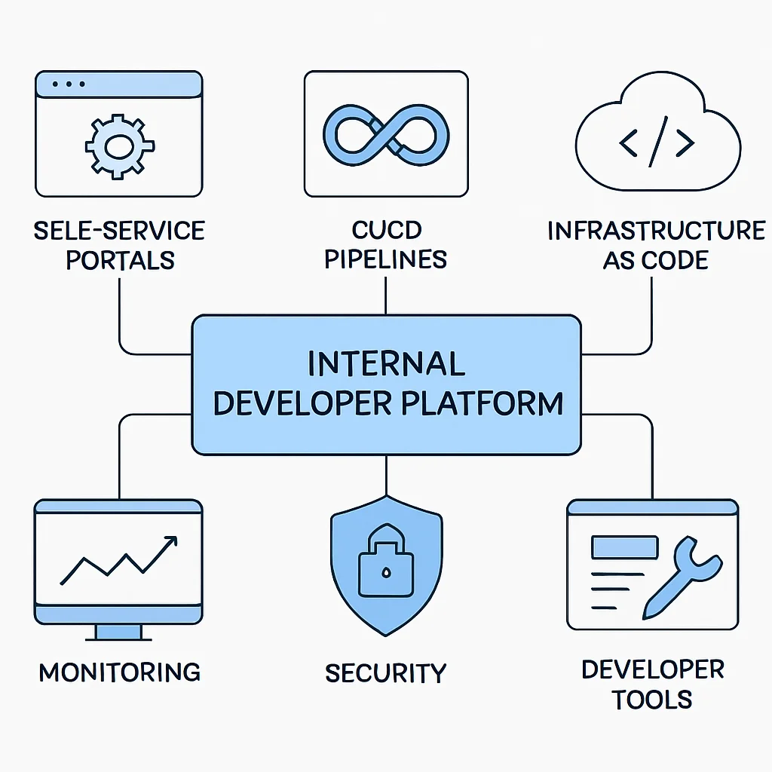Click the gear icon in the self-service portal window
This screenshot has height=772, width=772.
pos(120,146)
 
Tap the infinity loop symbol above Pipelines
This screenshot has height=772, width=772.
pos(386,134)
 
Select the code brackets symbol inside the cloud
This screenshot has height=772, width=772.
pos(657,142)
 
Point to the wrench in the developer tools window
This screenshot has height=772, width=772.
pos(682,577)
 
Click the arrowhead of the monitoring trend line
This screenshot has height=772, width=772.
pos(170,541)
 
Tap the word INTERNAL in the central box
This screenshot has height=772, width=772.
pos(386,363)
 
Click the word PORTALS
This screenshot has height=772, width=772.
pos(120,260)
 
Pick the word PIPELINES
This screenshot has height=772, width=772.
pos(385,259)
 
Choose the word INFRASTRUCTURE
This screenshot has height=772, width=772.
pos(657,231)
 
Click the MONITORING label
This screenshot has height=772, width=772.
pos(120,672)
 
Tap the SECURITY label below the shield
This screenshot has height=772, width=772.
pos(385,673)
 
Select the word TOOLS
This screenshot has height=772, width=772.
pos(652,700)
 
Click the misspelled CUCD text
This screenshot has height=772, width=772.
pos(387,230)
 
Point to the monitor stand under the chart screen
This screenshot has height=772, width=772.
pos(118,633)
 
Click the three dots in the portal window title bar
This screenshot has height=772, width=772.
pos(69,84)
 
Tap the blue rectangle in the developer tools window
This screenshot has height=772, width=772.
pos(625,547)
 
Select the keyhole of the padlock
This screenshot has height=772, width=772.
pos(386,572)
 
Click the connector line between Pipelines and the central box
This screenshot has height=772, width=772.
pos(385,296)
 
